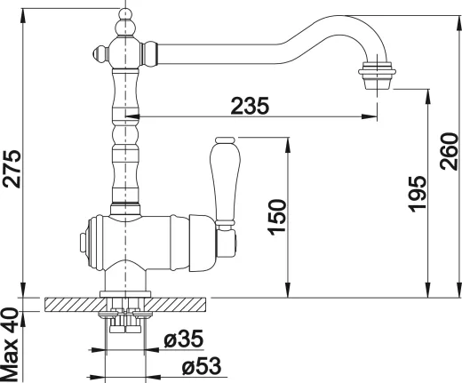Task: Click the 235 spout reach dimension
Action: [250, 106]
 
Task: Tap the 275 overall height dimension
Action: [12, 169]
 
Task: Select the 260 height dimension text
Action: [449, 151]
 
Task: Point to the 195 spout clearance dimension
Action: [417, 194]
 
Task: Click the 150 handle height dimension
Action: [277, 218]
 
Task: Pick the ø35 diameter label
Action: [184, 339]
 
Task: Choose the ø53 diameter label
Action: [202, 365]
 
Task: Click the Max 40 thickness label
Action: [10, 345]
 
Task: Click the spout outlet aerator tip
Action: [377, 76]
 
